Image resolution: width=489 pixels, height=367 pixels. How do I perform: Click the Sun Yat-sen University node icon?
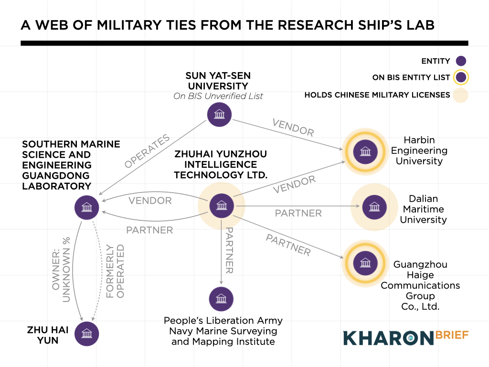219,115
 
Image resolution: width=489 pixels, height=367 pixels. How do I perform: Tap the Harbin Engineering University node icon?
365,151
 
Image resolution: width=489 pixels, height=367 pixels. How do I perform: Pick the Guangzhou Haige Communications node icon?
365,263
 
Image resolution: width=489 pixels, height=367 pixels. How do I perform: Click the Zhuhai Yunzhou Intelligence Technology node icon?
221,206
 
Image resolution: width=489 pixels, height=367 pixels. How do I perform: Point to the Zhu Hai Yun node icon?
87,334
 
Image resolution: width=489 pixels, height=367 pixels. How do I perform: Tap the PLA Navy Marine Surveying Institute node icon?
221,299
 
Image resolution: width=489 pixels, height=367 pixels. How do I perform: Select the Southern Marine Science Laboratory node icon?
87,207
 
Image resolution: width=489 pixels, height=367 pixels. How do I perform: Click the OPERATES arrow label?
147,151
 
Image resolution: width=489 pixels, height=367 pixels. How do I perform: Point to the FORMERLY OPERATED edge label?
115,271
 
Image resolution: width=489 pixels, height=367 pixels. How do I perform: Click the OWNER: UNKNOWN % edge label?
60,269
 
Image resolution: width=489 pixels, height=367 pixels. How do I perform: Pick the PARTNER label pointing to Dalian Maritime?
298,213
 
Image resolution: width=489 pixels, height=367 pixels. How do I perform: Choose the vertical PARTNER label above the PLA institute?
229,250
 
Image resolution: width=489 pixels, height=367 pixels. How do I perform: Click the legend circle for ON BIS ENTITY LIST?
461,77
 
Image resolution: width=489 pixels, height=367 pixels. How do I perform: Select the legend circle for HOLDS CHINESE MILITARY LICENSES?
461,95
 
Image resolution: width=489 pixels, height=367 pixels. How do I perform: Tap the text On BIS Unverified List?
218,96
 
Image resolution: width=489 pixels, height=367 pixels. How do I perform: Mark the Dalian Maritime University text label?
423,209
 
